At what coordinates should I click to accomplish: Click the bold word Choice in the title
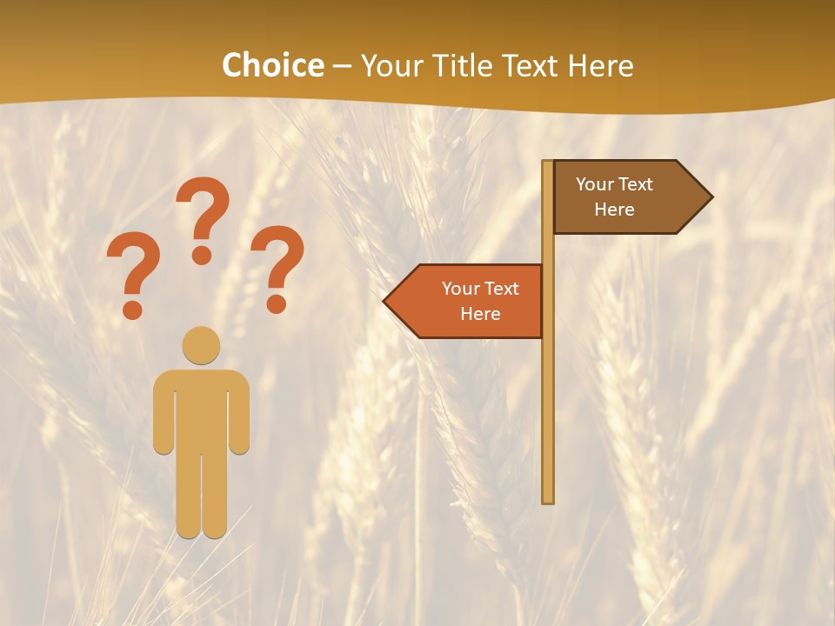272,66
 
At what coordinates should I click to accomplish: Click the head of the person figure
201,345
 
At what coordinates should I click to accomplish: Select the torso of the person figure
201,409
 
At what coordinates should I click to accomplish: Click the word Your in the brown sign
596,184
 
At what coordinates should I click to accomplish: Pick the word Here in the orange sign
480,314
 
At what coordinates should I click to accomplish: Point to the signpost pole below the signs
548,417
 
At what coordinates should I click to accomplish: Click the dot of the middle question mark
202,255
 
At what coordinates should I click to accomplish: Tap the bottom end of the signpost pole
548,500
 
